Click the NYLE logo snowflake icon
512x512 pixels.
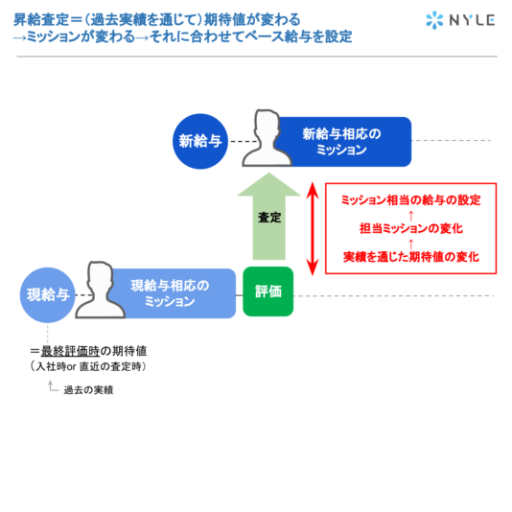[x=434, y=20]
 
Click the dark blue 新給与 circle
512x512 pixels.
[x=200, y=141]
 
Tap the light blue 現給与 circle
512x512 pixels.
[x=48, y=295]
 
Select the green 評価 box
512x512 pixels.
[x=268, y=291]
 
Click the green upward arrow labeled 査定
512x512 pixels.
[x=268, y=216]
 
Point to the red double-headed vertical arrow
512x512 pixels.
[x=313, y=228]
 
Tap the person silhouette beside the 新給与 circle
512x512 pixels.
[x=267, y=138]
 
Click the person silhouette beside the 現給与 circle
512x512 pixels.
[x=100, y=290]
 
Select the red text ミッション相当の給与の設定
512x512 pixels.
[x=410, y=199]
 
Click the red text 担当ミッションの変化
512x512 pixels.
[x=411, y=228]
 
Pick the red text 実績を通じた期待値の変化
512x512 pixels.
[x=411, y=257]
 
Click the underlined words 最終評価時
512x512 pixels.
[x=70, y=351]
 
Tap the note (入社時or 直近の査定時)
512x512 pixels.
[x=88, y=366]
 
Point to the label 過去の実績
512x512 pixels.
[x=88, y=390]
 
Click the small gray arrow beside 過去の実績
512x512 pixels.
[x=53, y=386]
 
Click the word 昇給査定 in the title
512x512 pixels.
[x=41, y=19]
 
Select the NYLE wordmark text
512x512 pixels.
[x=472, y=20]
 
